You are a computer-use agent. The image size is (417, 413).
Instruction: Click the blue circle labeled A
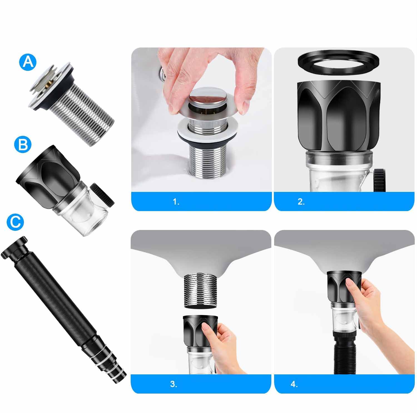pyautogui.click(x=28, y=62)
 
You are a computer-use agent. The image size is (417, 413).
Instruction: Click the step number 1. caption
pyautogui.click(x=176, y=202)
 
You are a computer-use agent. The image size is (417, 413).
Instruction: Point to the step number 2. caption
pyautogui.click(x=301, y=202)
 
